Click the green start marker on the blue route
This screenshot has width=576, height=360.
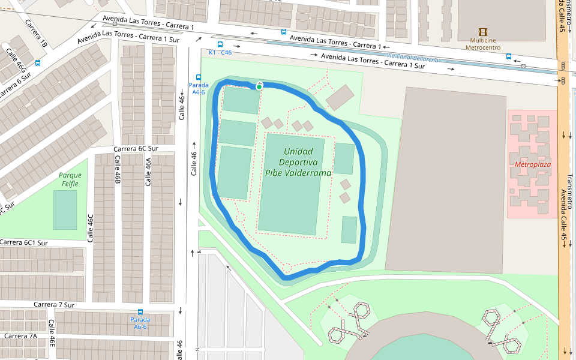coord(259,87)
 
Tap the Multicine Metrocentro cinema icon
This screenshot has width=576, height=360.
coord(482,32)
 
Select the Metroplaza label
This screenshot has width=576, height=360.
coord(532,164)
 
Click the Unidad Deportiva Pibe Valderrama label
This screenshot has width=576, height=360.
coord(298,162)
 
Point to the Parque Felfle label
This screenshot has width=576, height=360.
coord(70,179)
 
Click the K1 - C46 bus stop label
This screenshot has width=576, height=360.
coord(220,53)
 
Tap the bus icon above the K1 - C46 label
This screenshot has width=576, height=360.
coord(220,44)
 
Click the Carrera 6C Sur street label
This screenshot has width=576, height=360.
coord(136,148)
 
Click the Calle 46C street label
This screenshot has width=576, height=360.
coord(91,228)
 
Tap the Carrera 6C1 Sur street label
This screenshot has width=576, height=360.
coord(24,242)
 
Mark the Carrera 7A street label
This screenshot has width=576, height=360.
coord(20,336)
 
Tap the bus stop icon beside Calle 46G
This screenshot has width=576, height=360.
coord(38,62)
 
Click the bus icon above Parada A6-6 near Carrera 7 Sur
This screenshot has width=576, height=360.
coord(140,312)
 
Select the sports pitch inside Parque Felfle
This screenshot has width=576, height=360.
coord(65,210)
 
